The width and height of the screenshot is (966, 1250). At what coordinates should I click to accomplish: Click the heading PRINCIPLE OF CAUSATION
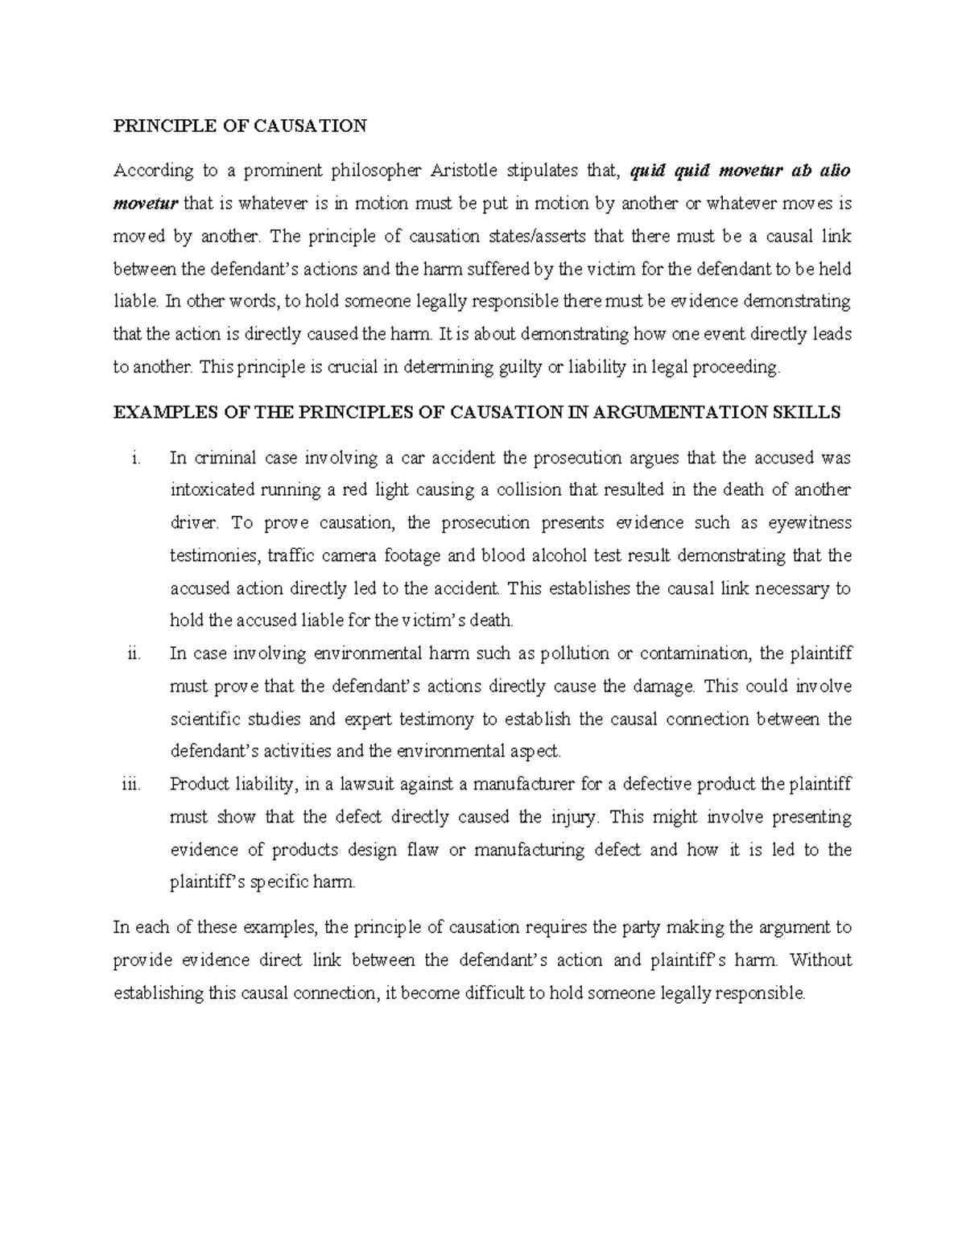pos(240,126)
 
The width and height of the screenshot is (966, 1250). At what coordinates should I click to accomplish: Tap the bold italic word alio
pos(833,171)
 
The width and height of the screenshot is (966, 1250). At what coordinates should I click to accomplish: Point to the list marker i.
pos(135,459)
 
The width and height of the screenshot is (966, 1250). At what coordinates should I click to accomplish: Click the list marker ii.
pos(134,654)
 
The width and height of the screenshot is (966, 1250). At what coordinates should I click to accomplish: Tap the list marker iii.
pos(132,785)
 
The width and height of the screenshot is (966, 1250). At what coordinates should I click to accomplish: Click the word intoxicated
pos(212,490)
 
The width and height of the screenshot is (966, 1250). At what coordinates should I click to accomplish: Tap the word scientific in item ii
pos(202,719)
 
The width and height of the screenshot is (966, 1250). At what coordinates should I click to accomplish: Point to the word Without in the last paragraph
pos(821,960)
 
